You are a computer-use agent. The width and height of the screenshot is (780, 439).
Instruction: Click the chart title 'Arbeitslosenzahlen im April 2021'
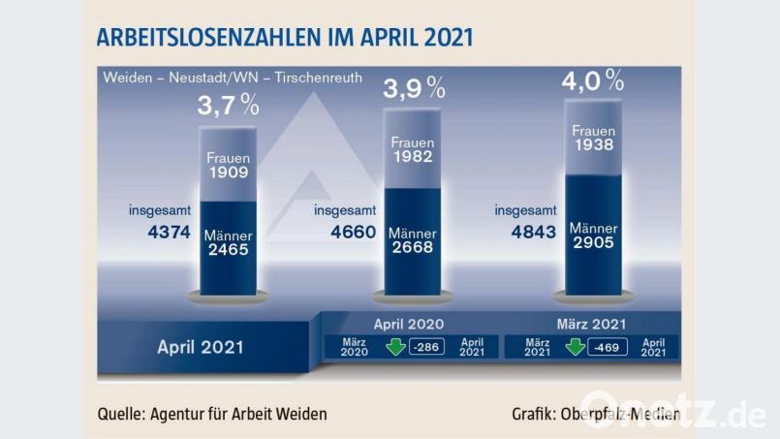coord(284,39)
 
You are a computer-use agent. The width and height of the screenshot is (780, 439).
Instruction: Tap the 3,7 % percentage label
coord(229,105)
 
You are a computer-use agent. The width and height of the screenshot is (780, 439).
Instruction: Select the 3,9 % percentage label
coord(414,89)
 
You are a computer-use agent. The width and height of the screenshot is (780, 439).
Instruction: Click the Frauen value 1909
coord(229,174)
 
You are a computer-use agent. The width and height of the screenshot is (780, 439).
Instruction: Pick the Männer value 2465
coord(229,250)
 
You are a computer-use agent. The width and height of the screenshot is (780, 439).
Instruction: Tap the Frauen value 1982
coord(412,158)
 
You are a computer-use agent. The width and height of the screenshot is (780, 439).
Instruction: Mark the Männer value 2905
coord(593,244)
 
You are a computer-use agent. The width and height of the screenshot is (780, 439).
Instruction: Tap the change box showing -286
coord(426,347)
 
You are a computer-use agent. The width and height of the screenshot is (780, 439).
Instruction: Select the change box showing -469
coord(607,347)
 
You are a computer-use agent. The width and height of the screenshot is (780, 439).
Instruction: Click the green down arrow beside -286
coord(395,347)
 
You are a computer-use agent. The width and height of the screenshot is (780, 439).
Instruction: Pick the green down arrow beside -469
coord(576,347)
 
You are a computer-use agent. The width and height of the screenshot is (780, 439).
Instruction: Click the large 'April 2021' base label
coord(201,347)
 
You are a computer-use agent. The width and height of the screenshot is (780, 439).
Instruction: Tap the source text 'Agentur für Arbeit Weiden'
coord(238,414)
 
